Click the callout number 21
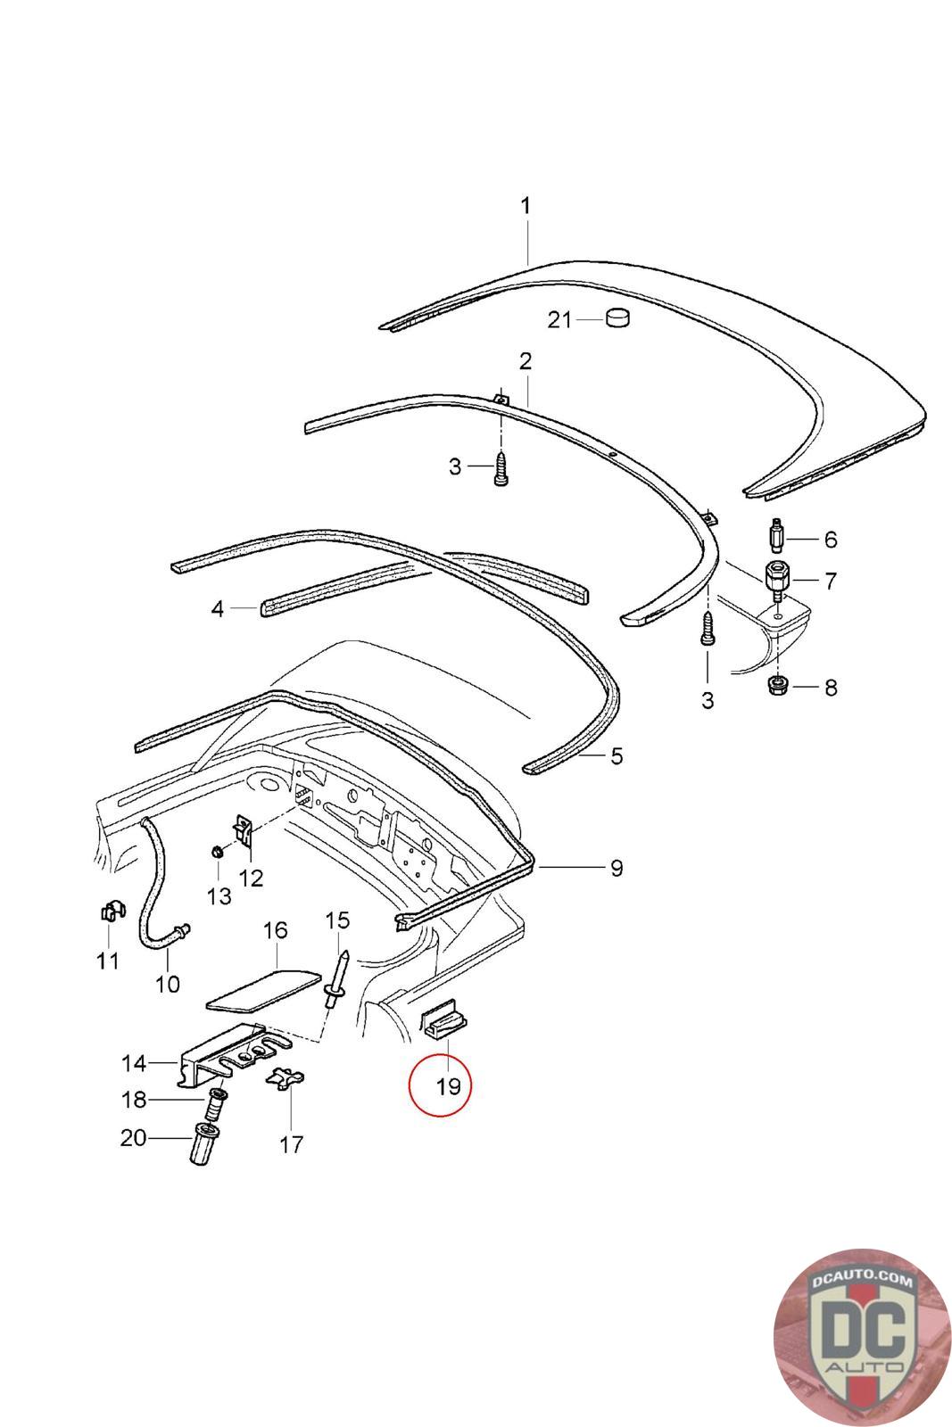tap(559, 319)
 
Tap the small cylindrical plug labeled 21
tap(617, 318)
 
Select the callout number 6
tap(830, 540)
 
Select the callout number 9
tap(616, 867)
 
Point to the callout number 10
tap(168, 985)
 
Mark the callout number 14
tap(134, 1063)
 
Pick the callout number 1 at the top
tap(526, 205)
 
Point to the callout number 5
tap(616, 757)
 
